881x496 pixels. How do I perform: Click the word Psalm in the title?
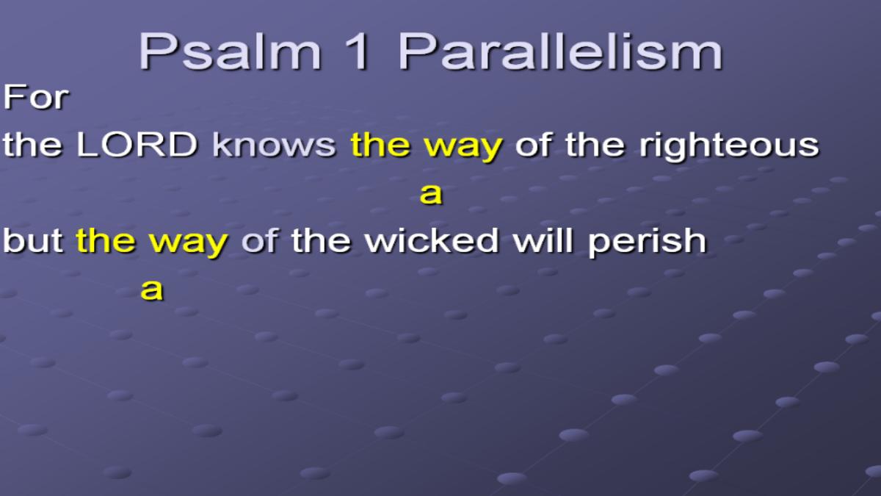pos(230,51)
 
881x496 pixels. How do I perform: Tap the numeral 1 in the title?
pos(357,51)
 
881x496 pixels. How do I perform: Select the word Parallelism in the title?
pos(560,51)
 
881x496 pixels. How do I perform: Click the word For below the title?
pos(36,97)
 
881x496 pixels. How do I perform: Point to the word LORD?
pos(137,145)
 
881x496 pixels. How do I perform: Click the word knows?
pos(274,145)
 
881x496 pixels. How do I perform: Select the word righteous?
pos(729,147)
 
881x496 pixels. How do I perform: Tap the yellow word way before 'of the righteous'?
pos(463,148)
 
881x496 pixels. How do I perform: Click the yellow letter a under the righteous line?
pos(431,194)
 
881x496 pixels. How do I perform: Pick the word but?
pos(33,240)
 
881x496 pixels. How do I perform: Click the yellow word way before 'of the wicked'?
pos(189,245)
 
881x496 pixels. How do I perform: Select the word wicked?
pos(432,240)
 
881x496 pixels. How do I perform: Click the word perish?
pos(648,243)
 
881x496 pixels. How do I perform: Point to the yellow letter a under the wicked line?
pos(152,290)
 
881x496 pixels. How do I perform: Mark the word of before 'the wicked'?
pos(260,240)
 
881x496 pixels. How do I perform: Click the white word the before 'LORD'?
pos(32,145)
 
